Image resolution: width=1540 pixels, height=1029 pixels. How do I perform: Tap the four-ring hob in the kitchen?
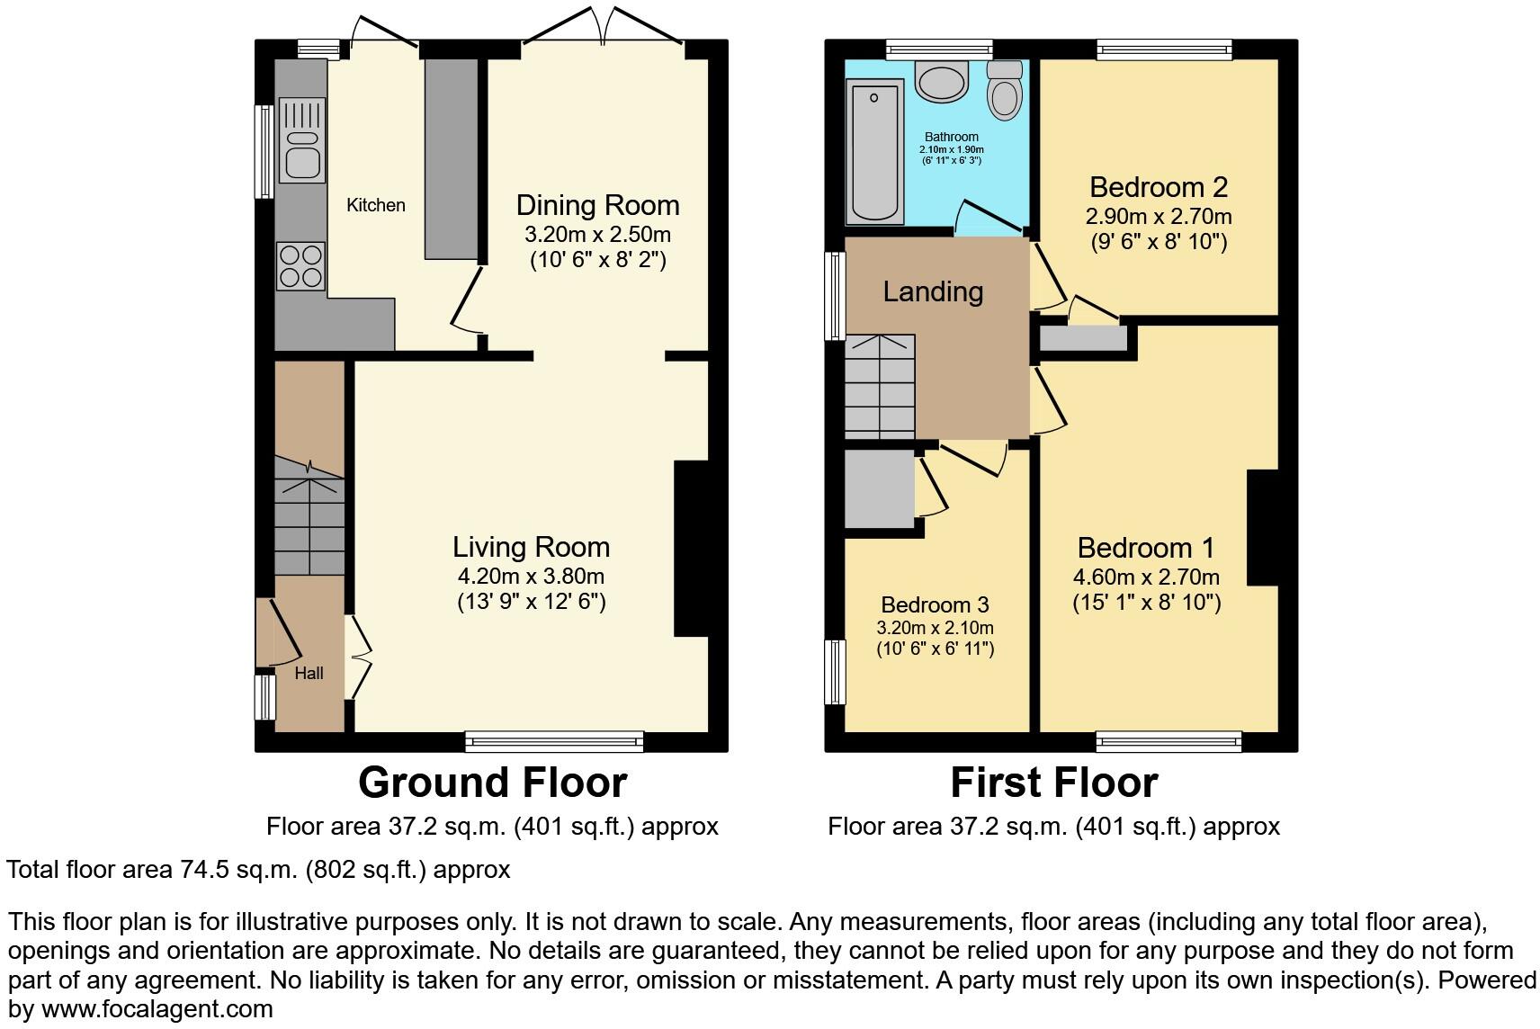(x=300, y=265)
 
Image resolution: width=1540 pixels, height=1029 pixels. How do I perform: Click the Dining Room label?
(x=597, y=205)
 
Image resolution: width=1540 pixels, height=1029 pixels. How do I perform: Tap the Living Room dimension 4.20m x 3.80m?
(x=531, y=577)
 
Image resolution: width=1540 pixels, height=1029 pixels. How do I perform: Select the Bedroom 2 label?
(x=1158, y=187)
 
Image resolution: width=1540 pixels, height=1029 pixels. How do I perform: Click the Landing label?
(x=933, y=291)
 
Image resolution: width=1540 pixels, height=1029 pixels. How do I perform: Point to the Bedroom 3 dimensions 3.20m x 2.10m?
(x=936, y=628)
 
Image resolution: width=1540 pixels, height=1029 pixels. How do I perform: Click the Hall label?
(x=309, y=673)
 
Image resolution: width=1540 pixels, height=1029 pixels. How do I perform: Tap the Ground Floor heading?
(x=492, y=783)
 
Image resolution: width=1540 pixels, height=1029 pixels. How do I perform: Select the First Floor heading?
(x=1053, y=783)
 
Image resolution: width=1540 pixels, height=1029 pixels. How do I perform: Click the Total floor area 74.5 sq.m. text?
(x=258, y=870)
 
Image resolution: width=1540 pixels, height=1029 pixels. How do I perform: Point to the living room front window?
(x=555, y=741)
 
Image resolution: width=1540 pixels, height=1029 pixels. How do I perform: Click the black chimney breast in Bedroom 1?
(x=1263, y=527)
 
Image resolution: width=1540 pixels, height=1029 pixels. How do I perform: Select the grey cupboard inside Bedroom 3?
(x=879, y=488)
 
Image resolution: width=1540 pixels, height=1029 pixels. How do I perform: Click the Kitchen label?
(x=376, y=205)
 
